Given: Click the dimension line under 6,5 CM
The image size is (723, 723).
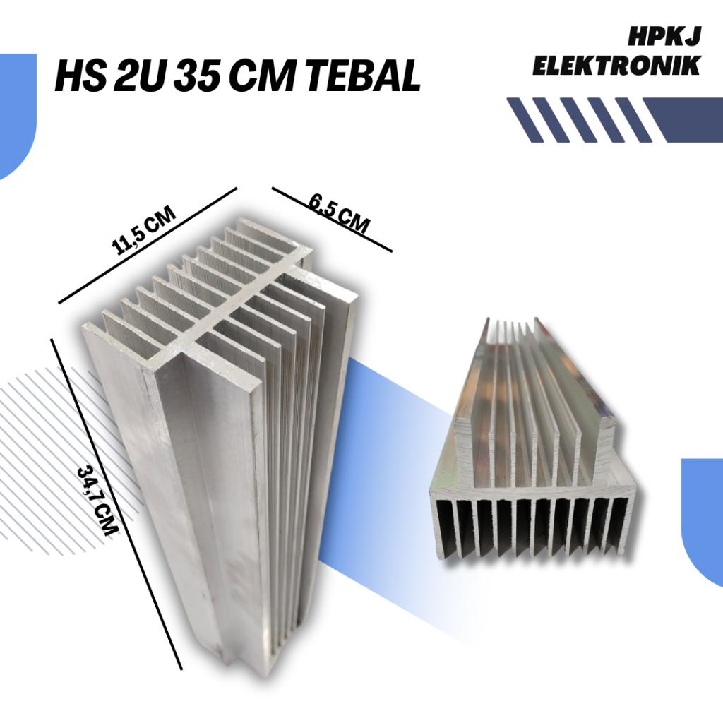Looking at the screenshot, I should (332, 220).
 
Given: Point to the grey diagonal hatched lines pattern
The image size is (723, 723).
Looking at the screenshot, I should (42, 452).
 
